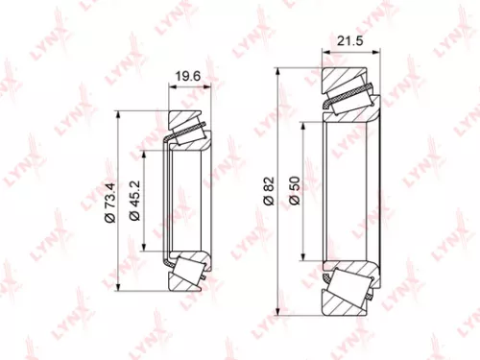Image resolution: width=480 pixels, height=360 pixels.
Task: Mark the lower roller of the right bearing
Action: coord(350,282)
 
